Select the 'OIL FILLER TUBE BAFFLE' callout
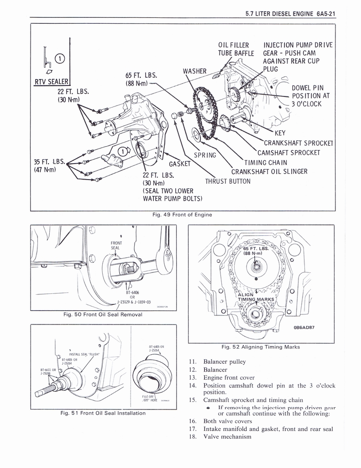pos(235,49)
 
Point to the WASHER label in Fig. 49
pos(195,71)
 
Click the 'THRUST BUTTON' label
pos(228,181)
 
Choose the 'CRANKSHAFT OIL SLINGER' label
pos(269,172)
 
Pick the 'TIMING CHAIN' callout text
pos(266,162)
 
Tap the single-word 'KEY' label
pos(279,133)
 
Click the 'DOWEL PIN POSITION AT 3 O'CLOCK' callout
pos(310,96)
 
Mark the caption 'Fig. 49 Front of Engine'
pos(182,214)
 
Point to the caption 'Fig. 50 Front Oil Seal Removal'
pos(103,314)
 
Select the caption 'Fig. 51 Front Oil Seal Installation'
pos(103,413)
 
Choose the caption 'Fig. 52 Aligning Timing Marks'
pos(261,347)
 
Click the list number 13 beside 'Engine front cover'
pos(192,378)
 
